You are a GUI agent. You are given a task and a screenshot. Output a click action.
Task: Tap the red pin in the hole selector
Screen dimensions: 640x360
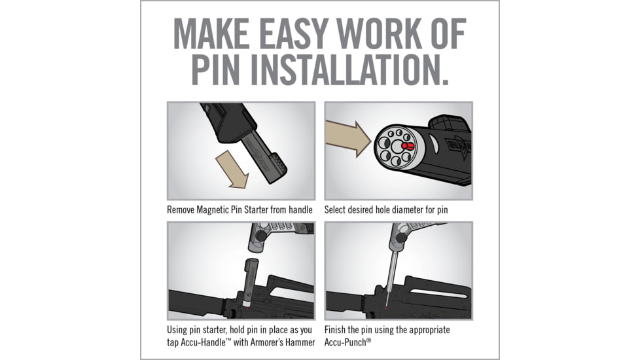click(408, 146)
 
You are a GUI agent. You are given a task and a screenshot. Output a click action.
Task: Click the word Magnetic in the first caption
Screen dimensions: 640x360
click(213, 210)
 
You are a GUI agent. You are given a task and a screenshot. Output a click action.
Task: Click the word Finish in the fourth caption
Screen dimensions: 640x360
click(334, 330)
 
